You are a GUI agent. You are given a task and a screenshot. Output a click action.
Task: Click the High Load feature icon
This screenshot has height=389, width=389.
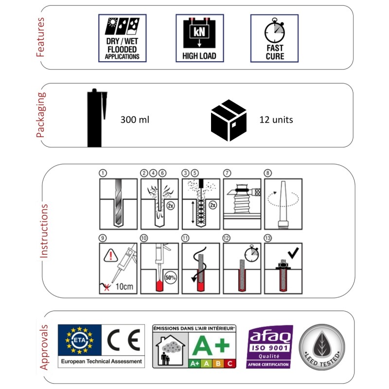tap(199, 38)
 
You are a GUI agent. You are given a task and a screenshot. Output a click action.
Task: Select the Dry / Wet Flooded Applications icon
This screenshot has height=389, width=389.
tap(122, 38)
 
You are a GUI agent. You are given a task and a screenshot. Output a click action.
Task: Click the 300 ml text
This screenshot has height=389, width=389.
tap(134, 119)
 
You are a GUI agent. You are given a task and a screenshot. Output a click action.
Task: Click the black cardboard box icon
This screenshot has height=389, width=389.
tap(228, 119)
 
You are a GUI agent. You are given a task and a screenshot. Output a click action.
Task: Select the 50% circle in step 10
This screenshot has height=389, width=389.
tap(170, 278)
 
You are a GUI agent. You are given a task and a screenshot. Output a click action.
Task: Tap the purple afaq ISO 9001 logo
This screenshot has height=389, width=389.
tap(269, 346)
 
